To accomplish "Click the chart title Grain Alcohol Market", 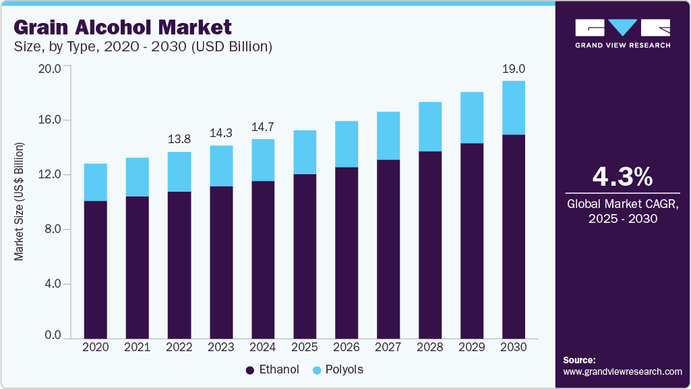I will [123, 27].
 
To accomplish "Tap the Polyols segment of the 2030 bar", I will [513, 108].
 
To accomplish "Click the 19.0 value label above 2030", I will [514, 68].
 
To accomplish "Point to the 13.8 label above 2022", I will [179, 139].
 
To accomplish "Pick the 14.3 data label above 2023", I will [220, 133].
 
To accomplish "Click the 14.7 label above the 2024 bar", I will [262, 126].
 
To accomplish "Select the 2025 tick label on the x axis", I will [304, 347].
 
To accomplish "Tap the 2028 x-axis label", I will [429, 347].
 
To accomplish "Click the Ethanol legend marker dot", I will [249, 370].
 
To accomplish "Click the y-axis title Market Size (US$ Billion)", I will [20, 201].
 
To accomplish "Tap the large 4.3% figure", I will [622, 177].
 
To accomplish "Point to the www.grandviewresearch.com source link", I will [622, 371].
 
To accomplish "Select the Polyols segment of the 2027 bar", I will [388, 136].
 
